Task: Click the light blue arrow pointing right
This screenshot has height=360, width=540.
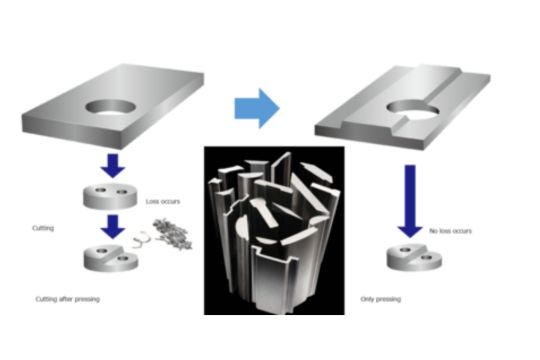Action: pyautogui.click(x=257, y=107)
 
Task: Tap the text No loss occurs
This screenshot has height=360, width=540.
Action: pyautogui.click(x=449, y=232)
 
